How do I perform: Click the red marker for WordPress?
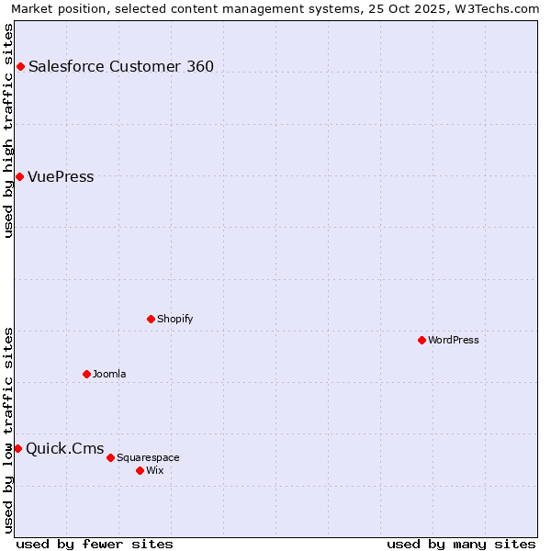[x=422, y=340]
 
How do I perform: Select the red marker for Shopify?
[x=151, y=319]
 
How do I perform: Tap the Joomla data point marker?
[x=86, y=374]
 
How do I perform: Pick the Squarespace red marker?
[x=110, y=457]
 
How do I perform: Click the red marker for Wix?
[x=140, y=470]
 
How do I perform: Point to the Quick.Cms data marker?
[x=17, y=448]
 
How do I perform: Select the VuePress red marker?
[x=19, y=176]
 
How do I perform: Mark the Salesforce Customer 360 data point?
[x=20, y=66]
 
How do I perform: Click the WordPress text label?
[x=454, y=340]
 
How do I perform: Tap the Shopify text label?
[x=174, y=319]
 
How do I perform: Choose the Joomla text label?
[x=109, y=374]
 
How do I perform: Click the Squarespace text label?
[x=148, y=457]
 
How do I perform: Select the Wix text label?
[x=155, y=470]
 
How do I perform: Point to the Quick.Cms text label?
[x=64, y=449]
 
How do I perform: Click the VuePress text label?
[x=61, y=177]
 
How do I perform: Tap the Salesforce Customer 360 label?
[x=121, y=66]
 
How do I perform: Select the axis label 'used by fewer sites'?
[x=95, y=544]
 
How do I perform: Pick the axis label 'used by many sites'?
[x=461, y=544]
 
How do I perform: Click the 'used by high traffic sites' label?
[x=8, y=130]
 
